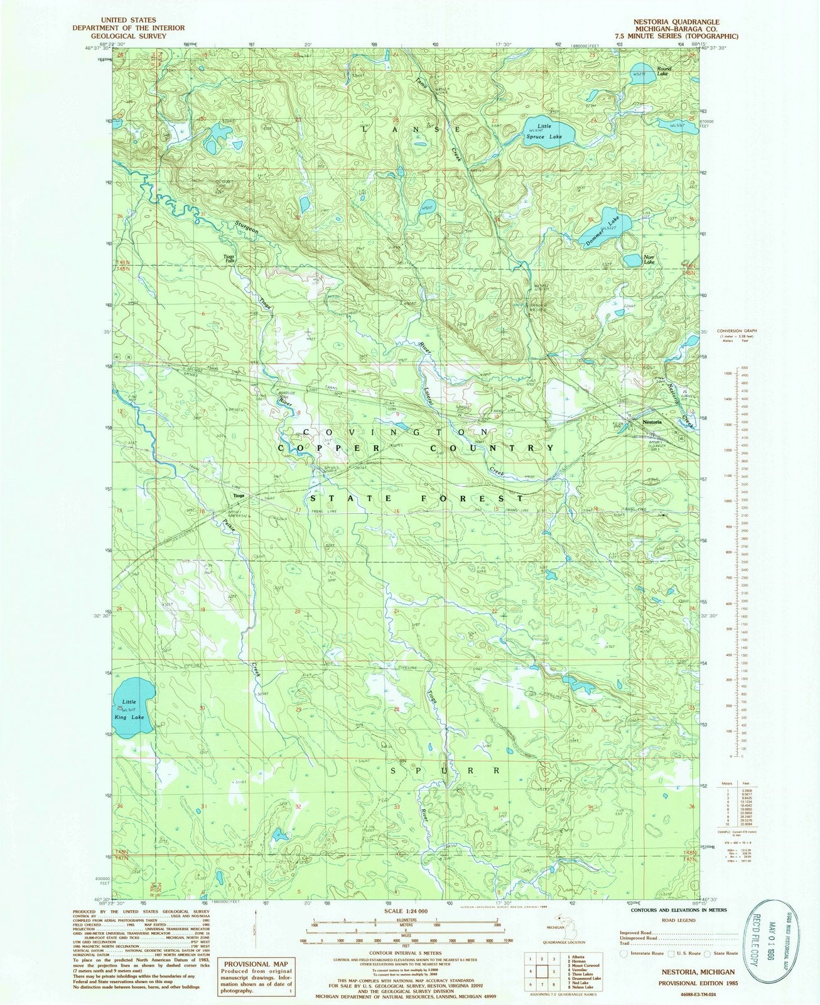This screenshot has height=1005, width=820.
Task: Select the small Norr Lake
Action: (632, 260)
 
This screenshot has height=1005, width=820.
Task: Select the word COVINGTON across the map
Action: (396, 432)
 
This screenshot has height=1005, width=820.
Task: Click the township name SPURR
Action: (446, 770)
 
